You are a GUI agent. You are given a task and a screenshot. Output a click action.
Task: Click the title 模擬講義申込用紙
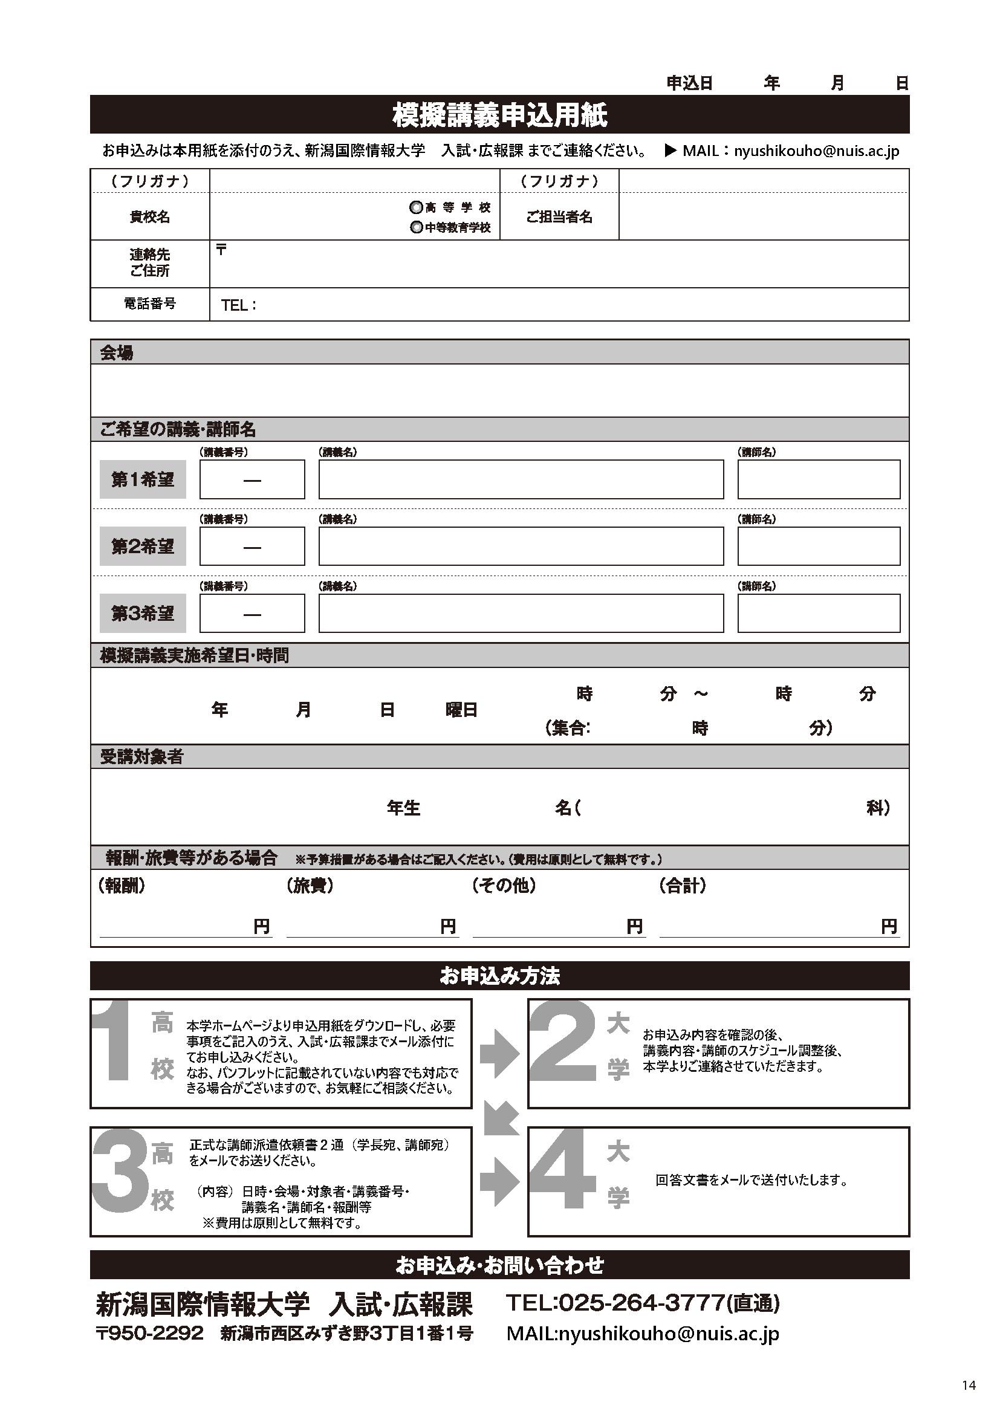pos(499,115)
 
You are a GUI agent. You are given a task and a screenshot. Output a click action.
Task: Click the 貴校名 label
pos(149,217)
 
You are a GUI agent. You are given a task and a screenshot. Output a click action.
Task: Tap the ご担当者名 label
pos(559,217)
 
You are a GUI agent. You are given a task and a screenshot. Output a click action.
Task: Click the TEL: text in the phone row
pos(238,305)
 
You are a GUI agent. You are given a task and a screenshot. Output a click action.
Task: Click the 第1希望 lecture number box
pos(252,479)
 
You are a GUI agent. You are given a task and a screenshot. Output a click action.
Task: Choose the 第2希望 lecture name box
pos(521,546)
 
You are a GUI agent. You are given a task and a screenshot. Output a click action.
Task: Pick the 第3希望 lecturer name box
pos(819,613)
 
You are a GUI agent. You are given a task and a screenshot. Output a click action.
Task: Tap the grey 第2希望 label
pos(142,546)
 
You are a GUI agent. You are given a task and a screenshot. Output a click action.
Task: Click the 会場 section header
pos(116,353)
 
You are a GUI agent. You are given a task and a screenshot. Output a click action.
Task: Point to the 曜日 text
pos(462,710)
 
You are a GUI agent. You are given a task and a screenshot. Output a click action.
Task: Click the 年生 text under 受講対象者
pos(403,808)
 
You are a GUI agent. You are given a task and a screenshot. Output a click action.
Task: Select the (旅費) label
pos(310,886)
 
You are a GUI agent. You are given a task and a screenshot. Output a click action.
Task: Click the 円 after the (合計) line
pos(889,926)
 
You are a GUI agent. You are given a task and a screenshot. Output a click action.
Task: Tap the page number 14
pos(969,1385)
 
